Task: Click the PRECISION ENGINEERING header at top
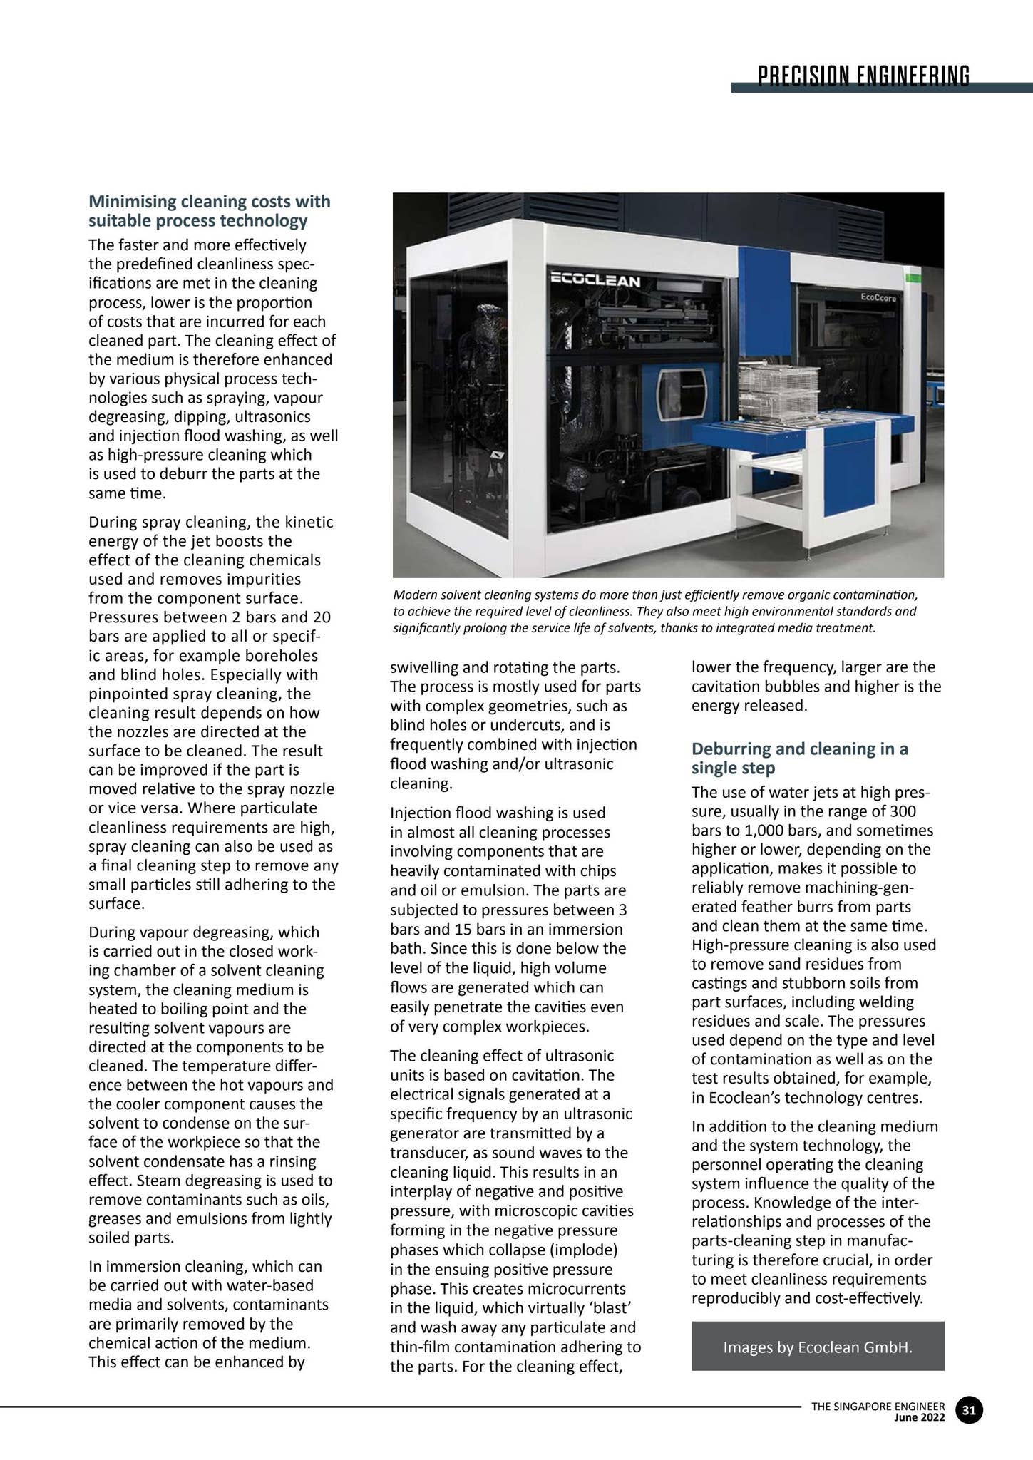coord(863,75)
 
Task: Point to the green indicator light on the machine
coord(909,275)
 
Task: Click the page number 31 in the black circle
coord(969,1409)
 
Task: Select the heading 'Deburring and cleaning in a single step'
coord(800,758)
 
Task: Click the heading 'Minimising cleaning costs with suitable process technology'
coord(210,211)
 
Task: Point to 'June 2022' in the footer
coord(920,1417)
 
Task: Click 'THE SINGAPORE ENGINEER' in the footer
coord(878,1406)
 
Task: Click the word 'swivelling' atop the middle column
coord(424,668)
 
